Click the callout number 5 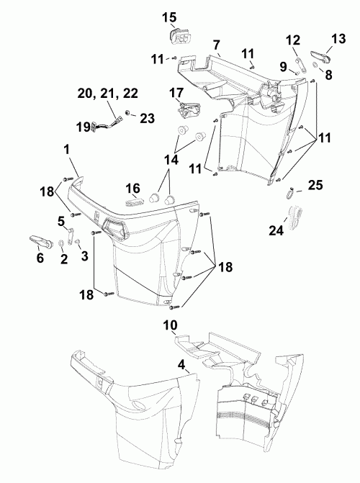point(61,220)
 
